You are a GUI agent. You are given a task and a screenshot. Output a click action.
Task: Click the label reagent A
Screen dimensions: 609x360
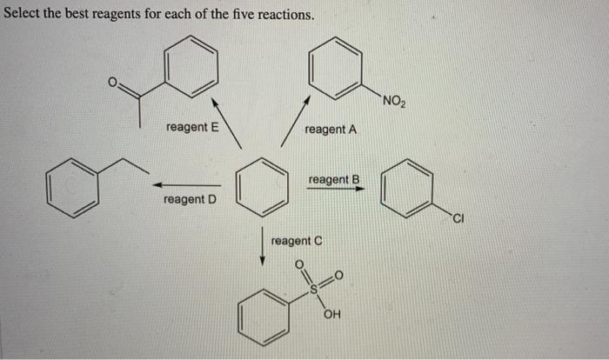pyautogui.click(x=331, y=130)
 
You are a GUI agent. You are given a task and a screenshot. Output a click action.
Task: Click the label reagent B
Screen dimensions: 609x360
pyautogui.click(x=334, y=180)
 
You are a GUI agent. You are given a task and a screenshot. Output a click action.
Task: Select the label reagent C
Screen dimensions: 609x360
pyautogui.click(x=297, y=240)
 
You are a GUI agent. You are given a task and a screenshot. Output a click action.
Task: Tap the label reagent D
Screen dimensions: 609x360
pyautogui.click(x=190, y=200)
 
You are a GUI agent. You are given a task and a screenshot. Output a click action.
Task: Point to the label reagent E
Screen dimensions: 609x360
pyautogui.click(x=192, y=127)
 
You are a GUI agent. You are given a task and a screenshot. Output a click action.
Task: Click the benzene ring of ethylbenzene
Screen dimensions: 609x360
pyautogui.click(x=72, y=189)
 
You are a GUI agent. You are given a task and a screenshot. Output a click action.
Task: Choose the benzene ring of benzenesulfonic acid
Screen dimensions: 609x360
pyautogui.click(x=264, y=320)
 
